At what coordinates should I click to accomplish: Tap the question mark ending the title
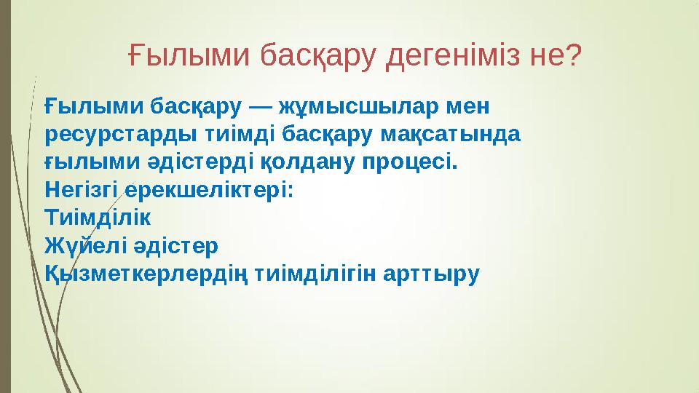point(573,53)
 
